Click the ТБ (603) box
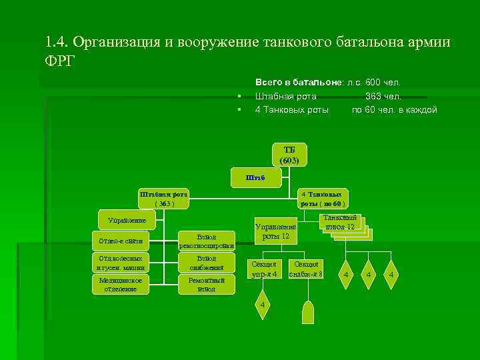pyautogui.click(x=290, y=155)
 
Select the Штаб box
pyautogui.click(x=255, y=177)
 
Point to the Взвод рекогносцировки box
pyautogui.click(x=207, y=241)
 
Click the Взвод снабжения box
pyautogui.click(x=207, y=263)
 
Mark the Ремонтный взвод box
pyautogui.click(x=207, y=285)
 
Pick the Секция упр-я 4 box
pyautogui.click(x=264, y=269)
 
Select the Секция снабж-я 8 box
pyautogui.click(x=307, y=269)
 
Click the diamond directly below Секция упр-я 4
pyautogui.click(x=264, y=304)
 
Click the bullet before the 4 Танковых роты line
pyautogui.click(x=238, y=109)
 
